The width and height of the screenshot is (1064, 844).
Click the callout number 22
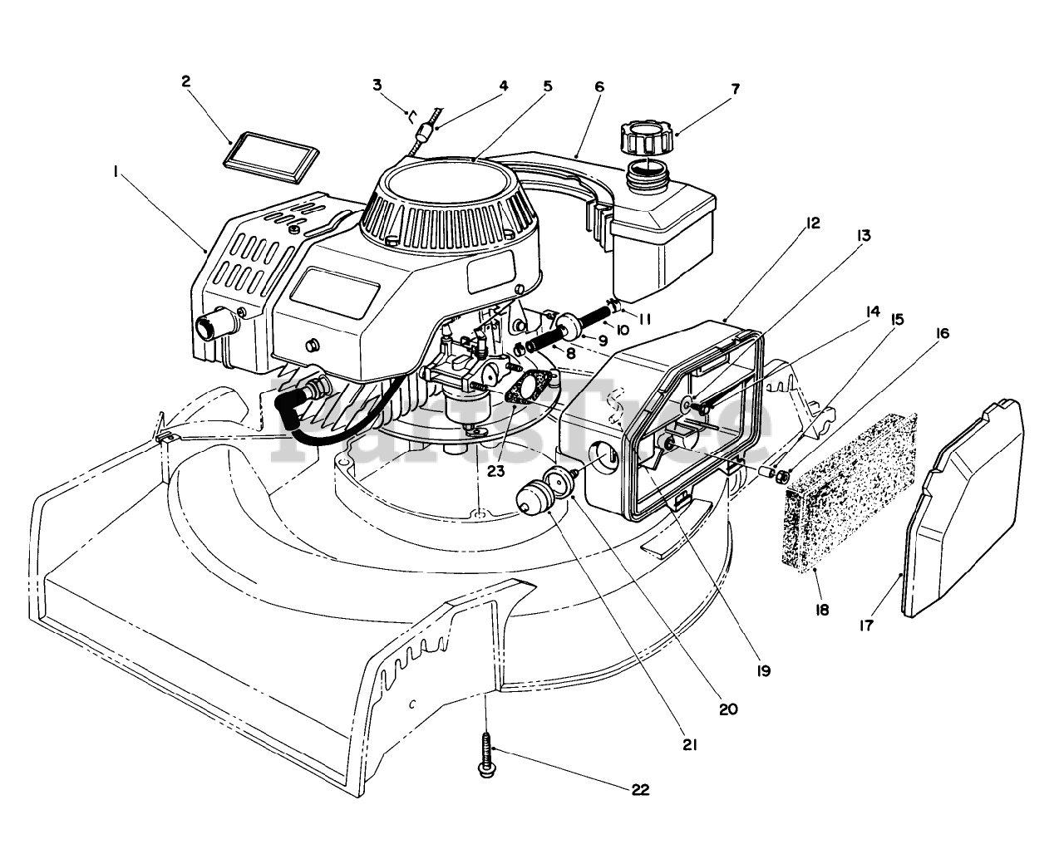click(640, 790)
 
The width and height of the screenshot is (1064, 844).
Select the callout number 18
click(822, 611)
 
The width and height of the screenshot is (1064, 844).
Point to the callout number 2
click(186, 81)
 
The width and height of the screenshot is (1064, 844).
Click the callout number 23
click(496, 471)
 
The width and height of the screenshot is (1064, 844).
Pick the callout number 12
click(812, 223)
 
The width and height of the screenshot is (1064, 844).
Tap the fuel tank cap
click(646, 140)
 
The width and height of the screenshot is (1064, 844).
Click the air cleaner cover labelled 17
click(963, 509)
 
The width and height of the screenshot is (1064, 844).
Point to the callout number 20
click(728, 709)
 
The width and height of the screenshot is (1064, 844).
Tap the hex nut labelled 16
click(783, 477)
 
